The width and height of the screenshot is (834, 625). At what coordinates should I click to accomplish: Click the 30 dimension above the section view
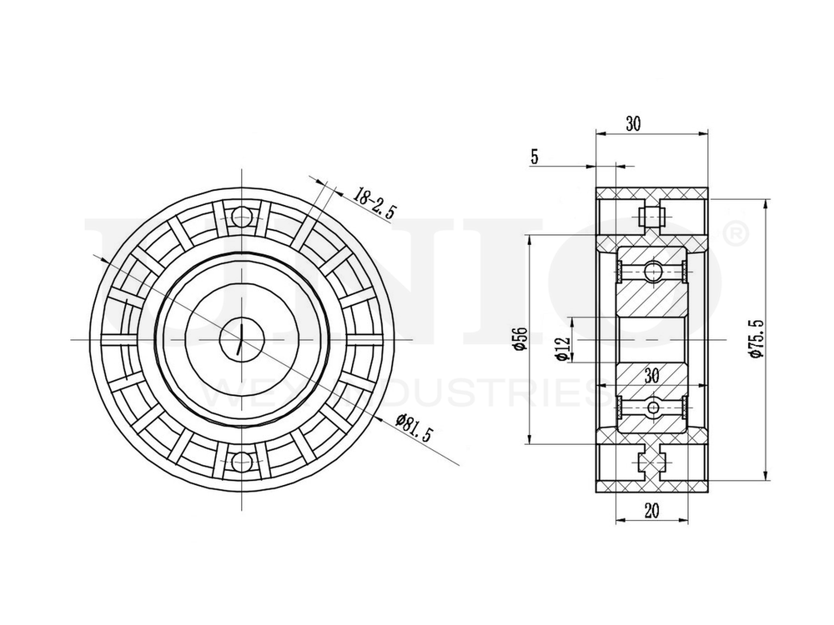[633, 123]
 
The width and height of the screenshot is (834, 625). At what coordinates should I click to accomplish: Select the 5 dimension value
[534, 156]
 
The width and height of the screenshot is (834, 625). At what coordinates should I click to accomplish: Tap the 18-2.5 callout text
[373, 203]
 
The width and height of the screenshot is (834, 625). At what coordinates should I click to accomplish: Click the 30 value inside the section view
[651, 376]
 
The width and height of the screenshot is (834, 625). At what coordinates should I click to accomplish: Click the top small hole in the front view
[241, 217]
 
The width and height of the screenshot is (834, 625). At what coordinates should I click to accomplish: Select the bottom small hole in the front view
[241, 461]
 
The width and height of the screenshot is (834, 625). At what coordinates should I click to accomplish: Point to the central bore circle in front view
[241, 339]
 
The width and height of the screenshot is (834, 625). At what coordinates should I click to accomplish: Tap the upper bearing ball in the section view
[652, 270]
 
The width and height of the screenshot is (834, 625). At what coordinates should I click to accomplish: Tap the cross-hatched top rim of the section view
[652, 193]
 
